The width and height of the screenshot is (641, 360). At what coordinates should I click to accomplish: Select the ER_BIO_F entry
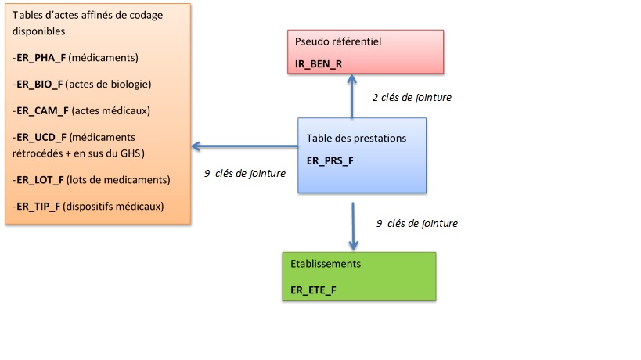tap(39, 84)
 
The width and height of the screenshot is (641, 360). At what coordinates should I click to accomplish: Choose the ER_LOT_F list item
tap(39, 180)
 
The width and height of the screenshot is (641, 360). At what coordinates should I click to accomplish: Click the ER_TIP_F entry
tap(38, 207)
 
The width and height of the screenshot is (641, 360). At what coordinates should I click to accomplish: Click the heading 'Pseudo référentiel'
tap(338, 41)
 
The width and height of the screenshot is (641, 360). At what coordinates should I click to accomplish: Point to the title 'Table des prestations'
tap(356, 138)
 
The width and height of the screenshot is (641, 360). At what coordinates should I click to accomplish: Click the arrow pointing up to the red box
tap(352, 95)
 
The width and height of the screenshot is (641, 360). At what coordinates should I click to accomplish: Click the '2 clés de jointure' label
tap(412, 98)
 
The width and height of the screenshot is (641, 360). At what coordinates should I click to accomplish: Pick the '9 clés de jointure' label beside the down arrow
tap(416, 223)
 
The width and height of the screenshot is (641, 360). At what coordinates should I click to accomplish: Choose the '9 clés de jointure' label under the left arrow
tap(244, 174)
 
